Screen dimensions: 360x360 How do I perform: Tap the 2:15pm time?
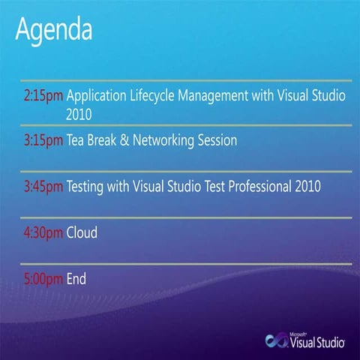[x=43, y=97]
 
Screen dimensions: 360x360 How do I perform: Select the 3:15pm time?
[x=43, y=140]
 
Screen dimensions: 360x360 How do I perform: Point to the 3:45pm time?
[x=43, y=186]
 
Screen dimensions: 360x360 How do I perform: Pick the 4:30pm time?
[x=43, y=232]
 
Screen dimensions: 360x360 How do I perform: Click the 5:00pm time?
[x=43, y=279]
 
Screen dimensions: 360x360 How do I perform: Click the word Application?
[x=97, y=97]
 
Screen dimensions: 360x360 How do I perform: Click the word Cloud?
[x=82, y=232]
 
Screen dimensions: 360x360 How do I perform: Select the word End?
[x=76, y=279]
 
